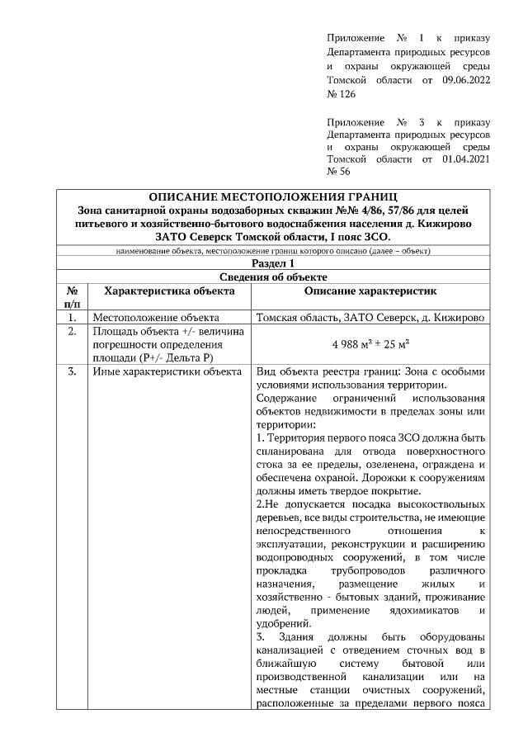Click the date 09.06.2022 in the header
pos(463,80)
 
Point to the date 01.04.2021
pos(463,157)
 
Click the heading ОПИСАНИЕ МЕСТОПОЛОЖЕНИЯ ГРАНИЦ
pos(273,196)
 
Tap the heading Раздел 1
pos(272,262)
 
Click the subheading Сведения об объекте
pos(272,277)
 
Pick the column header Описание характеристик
pos(370,291)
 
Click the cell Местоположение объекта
pos(156,317)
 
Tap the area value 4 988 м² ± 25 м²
pos(370,344)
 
